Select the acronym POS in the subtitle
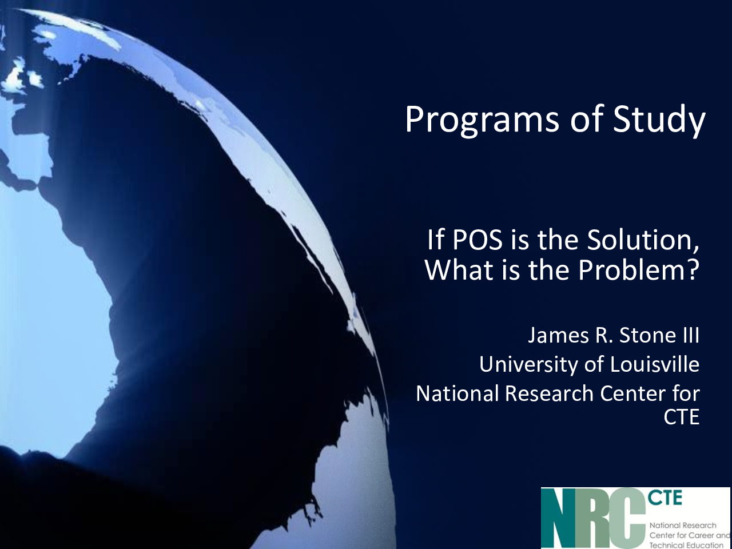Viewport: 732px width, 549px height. pyautogui.click(x=477, y=240)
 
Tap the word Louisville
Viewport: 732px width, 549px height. pyautogui.click(x=655, y=364)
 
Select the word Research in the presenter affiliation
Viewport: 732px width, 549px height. pyautogui.click(x=549, y=393)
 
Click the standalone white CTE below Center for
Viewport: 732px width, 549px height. pyautogui.click(x=681, y=416)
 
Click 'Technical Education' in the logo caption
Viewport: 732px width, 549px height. pyautogui.click(x=685, y=544)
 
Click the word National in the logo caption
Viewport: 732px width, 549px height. pyautogui.click(x=663, y=526)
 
